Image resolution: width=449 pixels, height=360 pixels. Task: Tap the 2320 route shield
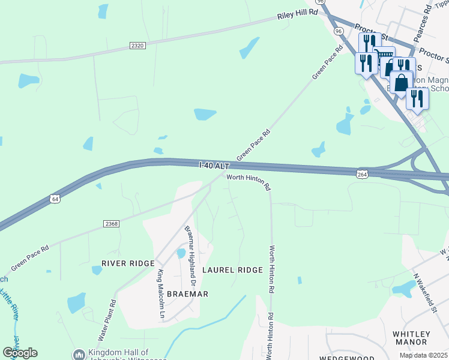click(137, 45)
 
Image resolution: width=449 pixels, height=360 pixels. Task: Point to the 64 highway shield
click(55, 198)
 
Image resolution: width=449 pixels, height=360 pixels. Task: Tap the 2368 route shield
click(111, 223)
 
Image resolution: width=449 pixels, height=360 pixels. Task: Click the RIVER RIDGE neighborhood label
click(128, 263)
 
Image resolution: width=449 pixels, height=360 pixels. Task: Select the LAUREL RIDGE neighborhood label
click(232, 270)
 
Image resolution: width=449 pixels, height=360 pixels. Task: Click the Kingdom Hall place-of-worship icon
click(79, 355)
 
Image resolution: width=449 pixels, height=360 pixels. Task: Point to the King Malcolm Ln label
click(161, 293)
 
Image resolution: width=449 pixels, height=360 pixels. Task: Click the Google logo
click(20, 353)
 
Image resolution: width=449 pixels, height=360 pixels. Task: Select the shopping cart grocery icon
click(384, 56)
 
